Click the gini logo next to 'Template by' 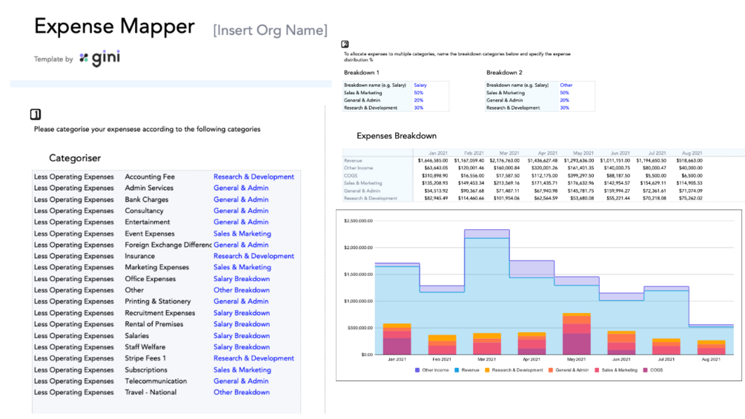tap(100, 58)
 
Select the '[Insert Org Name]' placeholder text tap(270, 30)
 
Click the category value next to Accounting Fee tap(254, 177)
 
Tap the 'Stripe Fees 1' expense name tap(145, 358)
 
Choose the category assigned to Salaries tap(242, 336)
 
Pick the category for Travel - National tap(242, 392)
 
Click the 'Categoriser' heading tap(75, 158)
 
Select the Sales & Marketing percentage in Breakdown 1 tap(419, 93)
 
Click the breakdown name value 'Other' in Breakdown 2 tap(566, 85)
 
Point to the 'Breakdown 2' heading tap(504, 73)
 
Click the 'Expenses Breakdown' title tap(397, 136)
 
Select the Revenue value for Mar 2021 tap(504, 160)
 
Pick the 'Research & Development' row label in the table tap(371, 198)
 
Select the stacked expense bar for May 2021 tap(577, 334)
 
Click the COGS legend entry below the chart tap(655, 370)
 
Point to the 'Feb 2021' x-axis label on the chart tap(442, 360)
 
